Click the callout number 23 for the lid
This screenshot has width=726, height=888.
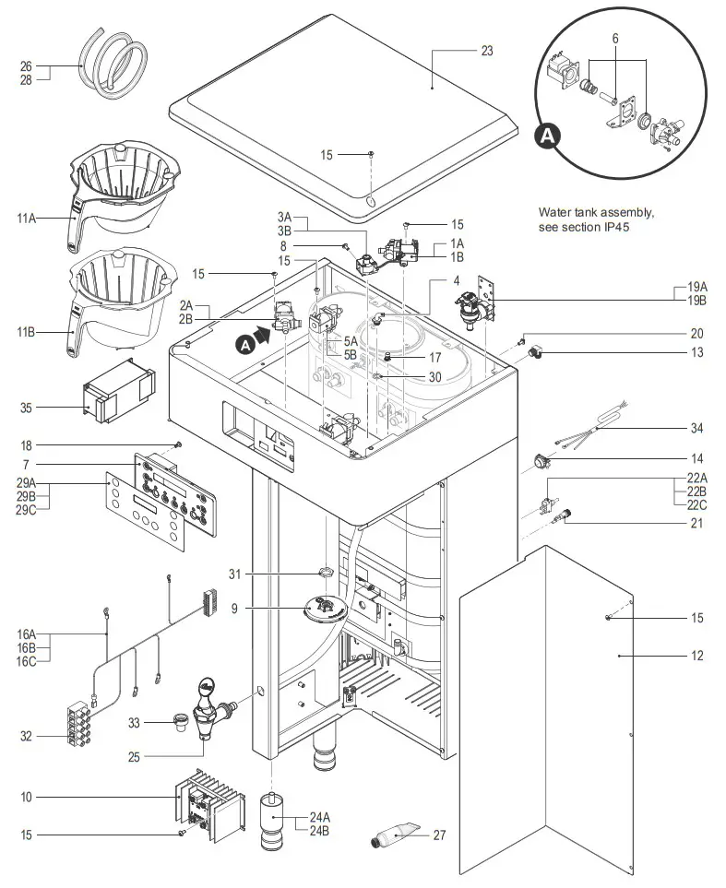coord(487,51)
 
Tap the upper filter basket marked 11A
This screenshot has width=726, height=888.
coord(125,189)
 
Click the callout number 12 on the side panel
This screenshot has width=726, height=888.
coord(697,656)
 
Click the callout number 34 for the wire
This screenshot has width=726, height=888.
coord(697,428)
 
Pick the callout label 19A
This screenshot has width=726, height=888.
coord(697,288)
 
